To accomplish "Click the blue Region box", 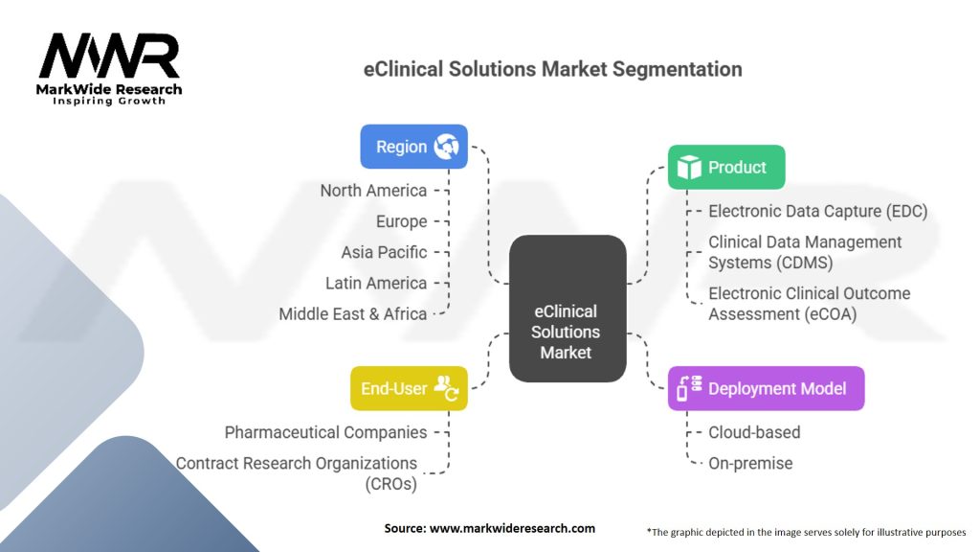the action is tap(413, 147).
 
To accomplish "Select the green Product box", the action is tap(726, 167).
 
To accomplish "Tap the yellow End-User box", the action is tap(409, 388).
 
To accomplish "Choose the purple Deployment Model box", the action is tap(767, 388).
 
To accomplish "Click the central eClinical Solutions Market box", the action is tap(568, 309).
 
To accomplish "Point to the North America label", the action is tap(373, 191).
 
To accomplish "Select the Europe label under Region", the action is tap(401, 221).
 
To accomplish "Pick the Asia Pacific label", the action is tap(384, 252).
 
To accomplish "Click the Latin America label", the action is tap(375, 283).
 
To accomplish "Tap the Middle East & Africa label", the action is tap(352, 313).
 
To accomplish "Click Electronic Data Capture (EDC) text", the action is tap(817, 211).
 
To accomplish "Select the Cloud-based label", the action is tap(754, 432).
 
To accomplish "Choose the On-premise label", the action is tap(750, 463).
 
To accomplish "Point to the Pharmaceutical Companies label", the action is tap(325, 432).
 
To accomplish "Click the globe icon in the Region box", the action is tap(446, 147).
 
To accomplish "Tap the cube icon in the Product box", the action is tap(689, 167).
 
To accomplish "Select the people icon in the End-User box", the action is tap(446, 388).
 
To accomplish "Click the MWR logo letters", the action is tap(109, 56).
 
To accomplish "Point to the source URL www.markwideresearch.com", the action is tap(512, 528).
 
